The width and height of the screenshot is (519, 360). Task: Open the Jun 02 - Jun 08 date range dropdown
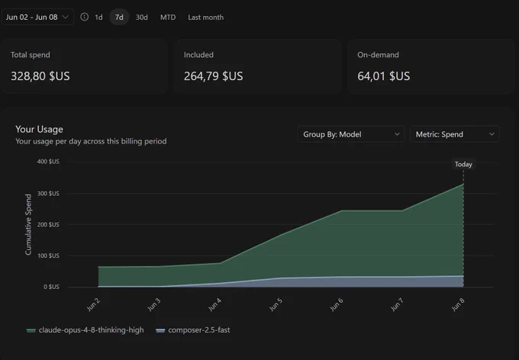point(37,18)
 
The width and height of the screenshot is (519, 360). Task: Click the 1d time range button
point(98,18)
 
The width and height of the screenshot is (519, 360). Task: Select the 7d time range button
point(119,18)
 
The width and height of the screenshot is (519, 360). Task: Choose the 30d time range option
point(142,18)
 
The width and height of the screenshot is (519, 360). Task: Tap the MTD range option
point(168,18)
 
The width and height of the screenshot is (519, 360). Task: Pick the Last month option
point(205,18)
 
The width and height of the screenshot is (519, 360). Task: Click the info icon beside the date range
point(85,17)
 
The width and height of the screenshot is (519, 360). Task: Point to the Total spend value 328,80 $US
point(40,76)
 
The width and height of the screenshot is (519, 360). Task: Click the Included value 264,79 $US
point(214,76)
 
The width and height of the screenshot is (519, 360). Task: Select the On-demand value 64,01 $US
point(384,76)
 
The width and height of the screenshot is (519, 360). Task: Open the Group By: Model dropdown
point(351,134)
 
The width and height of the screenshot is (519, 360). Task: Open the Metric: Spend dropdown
point(454,134)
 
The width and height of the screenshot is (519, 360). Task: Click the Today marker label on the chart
point(463,164)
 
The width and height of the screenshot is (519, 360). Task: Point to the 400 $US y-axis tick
point(48,162)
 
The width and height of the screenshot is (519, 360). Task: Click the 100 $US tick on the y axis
point(48,256)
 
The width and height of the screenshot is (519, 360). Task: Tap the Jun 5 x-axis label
point(276,305)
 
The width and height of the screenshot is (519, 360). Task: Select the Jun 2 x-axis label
point(93,305)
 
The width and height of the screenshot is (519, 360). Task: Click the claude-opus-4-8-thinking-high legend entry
point(85,330)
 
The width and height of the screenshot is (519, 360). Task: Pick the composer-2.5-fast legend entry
point(193,330)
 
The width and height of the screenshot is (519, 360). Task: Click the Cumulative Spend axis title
point(28,225)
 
